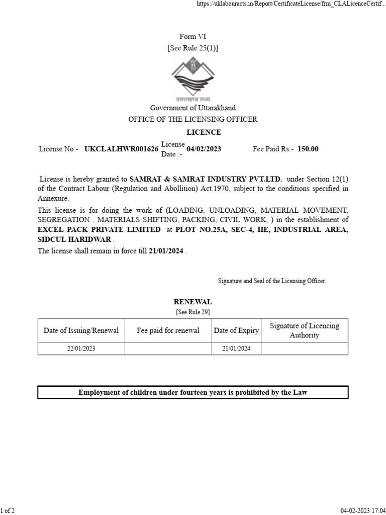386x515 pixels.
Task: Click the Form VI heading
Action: point(193,36)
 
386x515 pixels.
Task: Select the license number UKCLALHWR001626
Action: point(122,149)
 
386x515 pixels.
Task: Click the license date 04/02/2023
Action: point(204,149)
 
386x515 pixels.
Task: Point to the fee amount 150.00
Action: point(308,149)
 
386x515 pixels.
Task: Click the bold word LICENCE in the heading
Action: point(204,132)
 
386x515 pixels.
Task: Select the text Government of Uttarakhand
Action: point(193,108)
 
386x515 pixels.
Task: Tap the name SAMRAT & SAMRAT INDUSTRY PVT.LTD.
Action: point(206,179)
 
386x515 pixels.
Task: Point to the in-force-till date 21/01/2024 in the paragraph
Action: point(166,251)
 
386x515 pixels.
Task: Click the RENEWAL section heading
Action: point(193,302)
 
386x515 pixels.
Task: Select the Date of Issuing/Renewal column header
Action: point(81,330)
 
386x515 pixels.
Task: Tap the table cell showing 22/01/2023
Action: point(81,349)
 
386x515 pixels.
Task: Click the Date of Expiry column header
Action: point(236,330)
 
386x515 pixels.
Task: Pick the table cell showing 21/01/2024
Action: point(236,349)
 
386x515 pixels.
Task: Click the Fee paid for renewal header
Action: point(168,330)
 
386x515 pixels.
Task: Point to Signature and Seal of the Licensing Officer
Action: point(271,281)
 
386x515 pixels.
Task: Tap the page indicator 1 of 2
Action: point(8,510)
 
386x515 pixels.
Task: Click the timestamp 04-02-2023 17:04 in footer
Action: point(362,510)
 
